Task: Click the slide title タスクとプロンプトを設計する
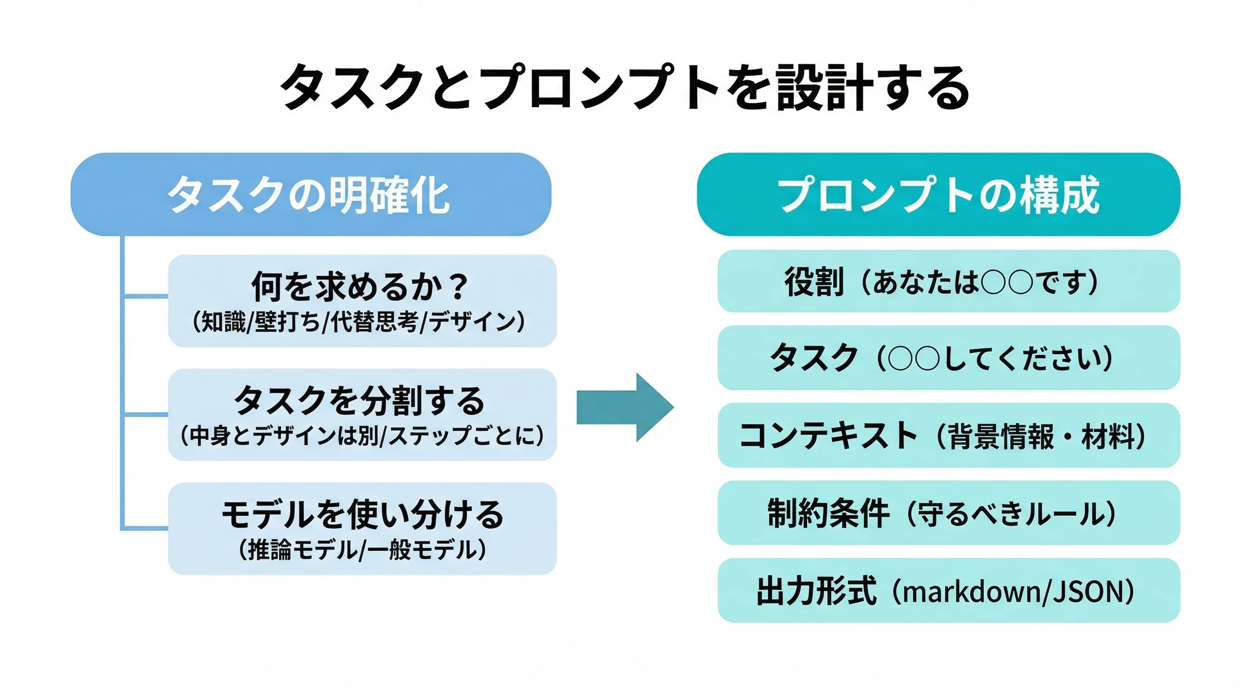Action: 625,87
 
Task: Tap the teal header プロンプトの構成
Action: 938,194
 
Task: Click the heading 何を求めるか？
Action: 360,286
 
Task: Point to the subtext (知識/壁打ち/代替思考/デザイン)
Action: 360,321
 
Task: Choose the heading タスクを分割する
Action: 360,400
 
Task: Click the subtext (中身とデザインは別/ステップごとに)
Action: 362,435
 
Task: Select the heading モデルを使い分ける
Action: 362,514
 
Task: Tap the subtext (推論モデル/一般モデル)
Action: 362,550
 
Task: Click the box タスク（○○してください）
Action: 948,358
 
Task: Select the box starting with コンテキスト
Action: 948,435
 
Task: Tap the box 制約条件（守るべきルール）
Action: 948,513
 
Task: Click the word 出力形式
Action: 816,591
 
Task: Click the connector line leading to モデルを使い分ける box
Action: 145,528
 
